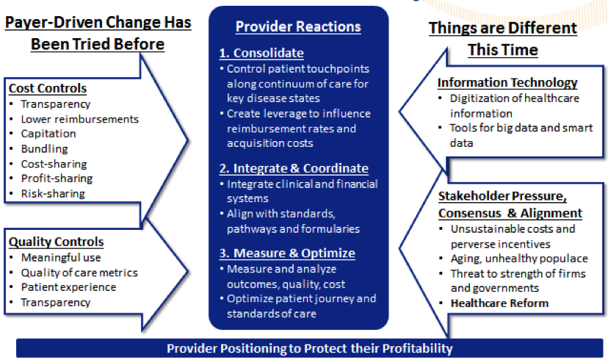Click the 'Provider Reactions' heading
click(x=298, y=26)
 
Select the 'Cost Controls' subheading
click(x=48, y=88)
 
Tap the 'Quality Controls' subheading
click(x=57, y=242)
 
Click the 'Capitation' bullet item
click(x=48, y=134)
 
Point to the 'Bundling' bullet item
click(x=45, y=149)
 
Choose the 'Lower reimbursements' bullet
click(x=80, y=119)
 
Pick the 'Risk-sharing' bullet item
click(x=53, y=193)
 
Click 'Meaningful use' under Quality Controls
click(x=61, y=258)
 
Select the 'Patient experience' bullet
click(x=68, y=287)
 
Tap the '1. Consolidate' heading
click(x=261, y=53)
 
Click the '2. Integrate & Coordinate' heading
click(x=294, y=168)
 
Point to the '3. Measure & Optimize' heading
click(x=287, y=253)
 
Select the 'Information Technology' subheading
click(x=507, y=82)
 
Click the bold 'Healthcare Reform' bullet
click(x=499, y=303)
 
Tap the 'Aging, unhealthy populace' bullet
click(x=519, y=259)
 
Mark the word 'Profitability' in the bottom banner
click(x=418, y=348)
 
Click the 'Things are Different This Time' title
click(x=503, y=39)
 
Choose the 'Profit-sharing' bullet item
click(x=57, y=179)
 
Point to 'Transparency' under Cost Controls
click(x=56, y=104)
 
